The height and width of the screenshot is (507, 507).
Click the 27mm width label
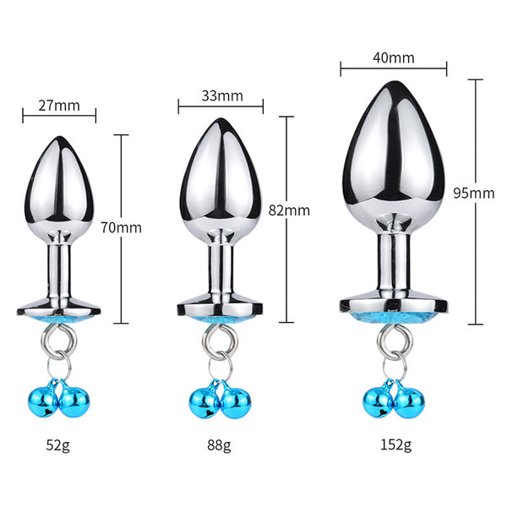tap(59, 106)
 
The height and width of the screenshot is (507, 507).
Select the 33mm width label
tap(222, 96)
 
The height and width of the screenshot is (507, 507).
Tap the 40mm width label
tap(394, 57)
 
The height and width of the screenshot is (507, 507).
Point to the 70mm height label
tap(121, 227)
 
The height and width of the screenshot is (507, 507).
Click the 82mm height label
tap(289, 210)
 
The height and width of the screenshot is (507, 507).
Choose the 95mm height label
tap(474, 193)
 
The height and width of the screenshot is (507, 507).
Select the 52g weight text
tap(57, 445)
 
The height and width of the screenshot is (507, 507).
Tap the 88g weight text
tap(219, 445)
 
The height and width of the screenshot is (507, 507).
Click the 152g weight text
tap(396, 445)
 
